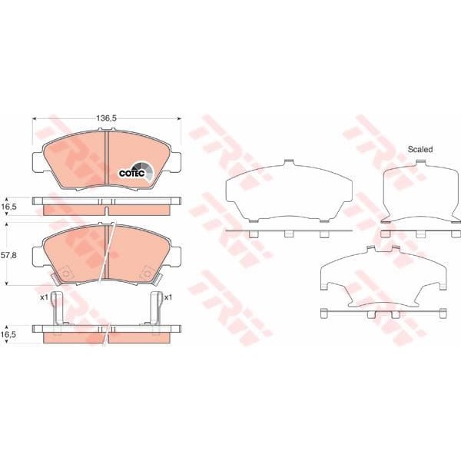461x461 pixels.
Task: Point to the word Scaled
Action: click(x=420, y=149)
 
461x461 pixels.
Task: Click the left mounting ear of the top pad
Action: click(x=35, y=162)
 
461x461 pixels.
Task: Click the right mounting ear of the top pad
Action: click(x=177, y=162)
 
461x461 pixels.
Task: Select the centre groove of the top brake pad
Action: click(x=106, y=158)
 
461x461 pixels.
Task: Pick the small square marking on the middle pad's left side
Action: click(x=66, y=271)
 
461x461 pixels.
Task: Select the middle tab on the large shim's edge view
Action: click(x=288, y=233)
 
